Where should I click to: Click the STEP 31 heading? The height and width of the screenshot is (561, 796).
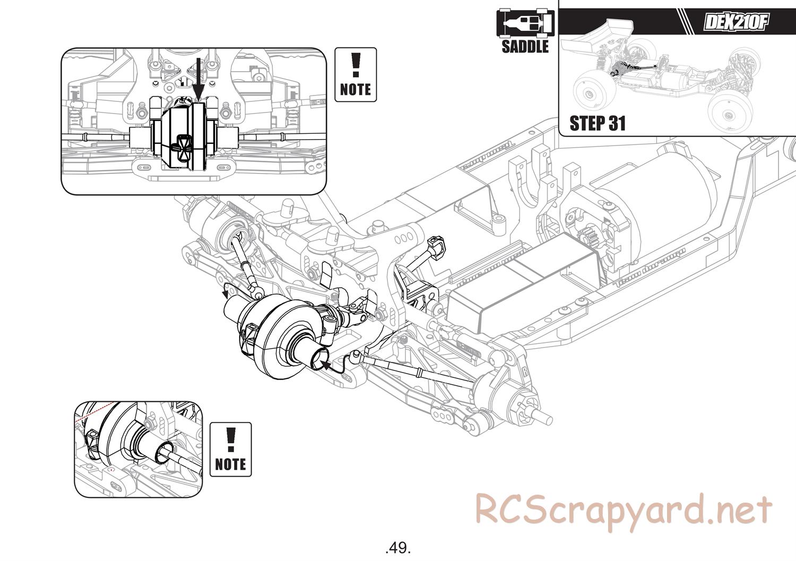597,123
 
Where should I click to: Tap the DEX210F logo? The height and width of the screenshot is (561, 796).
736,22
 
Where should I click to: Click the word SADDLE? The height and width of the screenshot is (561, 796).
525,46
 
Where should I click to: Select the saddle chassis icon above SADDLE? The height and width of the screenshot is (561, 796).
525,22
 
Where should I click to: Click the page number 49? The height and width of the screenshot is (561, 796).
398,547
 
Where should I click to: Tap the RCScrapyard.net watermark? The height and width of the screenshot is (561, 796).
623,510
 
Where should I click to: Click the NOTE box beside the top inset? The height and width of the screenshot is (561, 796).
356,75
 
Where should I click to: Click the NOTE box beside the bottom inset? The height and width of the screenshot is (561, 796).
230,449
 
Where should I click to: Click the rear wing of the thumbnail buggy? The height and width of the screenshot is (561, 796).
605,32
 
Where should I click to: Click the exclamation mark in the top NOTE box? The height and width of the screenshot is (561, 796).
356,64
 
